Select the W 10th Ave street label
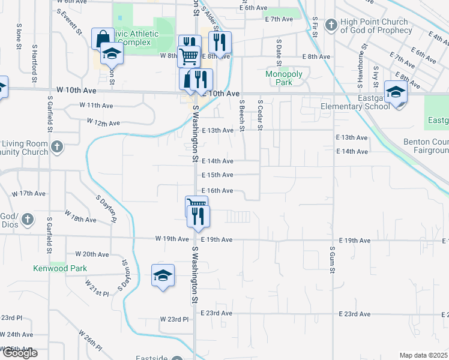tap(76, 90)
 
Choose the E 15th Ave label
tap(217, 175)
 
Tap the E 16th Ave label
tap(217, 191)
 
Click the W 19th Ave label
tap(172, 239)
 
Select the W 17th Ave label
tap(29, 194)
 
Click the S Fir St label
tap(315, 26)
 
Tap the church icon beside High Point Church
tap(330, 25)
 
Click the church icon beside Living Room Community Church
tap(57, 147)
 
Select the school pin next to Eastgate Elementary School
tap(396, 92)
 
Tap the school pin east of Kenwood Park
tap(163, 275)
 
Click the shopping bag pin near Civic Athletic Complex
tap(101, 38)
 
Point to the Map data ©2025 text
tap(423, 355)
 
